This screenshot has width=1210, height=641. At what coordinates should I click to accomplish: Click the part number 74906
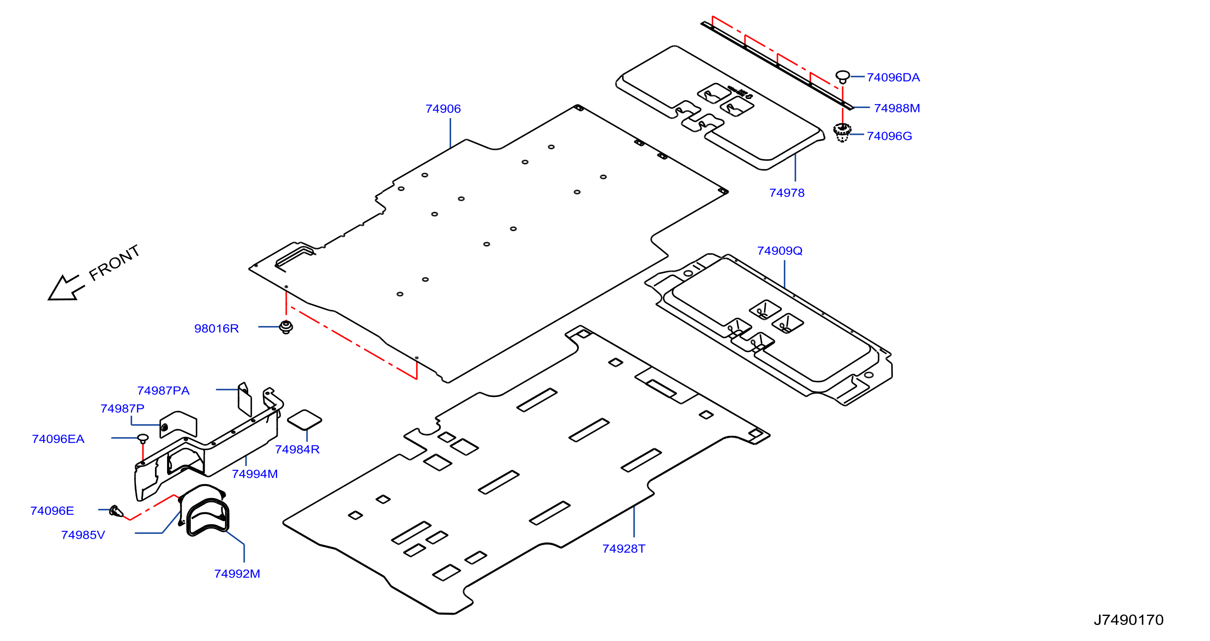[x=443, y=109]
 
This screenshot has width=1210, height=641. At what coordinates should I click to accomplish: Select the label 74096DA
[x=893, y=78]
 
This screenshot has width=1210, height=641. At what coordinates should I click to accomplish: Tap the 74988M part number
[x=897, y=108]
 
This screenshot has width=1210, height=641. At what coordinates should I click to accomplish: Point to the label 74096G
[x=889, y=136]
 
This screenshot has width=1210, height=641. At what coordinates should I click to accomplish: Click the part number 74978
[x=787, y=193]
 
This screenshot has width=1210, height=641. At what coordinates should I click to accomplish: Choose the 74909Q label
[x=780, y=251]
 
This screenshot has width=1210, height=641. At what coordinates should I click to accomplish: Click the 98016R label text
[x=217, y=328]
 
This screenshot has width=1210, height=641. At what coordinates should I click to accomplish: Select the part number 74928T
[x=624, y=549]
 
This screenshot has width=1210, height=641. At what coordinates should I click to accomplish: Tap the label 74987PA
[x=163, y=390]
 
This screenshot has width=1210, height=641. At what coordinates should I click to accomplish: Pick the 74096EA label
[x=58, y=439]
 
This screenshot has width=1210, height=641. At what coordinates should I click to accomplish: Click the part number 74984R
[x=297, y=449]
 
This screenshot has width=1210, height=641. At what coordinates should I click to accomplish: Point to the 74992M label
[x=237, y=574]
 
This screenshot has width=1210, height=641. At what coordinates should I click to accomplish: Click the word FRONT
[x=114, y=263]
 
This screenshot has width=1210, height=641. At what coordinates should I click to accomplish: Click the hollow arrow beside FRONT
[x=66, y=288]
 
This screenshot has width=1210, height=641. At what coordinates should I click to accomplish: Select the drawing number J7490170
[x=1129, y=620]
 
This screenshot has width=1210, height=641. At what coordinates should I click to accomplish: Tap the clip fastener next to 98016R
[x=286, y=327]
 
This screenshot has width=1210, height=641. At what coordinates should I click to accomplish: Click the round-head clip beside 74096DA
[x=843, y=76]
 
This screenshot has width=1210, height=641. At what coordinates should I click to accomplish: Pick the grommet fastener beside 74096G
[x=842, y=133]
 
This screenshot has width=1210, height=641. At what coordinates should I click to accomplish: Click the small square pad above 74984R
[x=304, y=420]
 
